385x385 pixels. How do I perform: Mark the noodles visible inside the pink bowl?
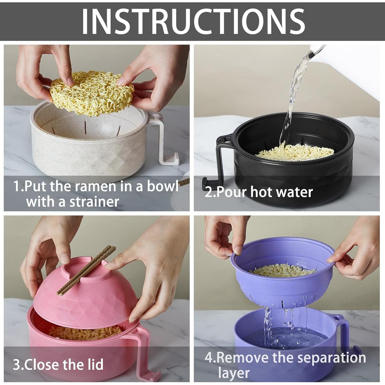pos(82,332)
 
